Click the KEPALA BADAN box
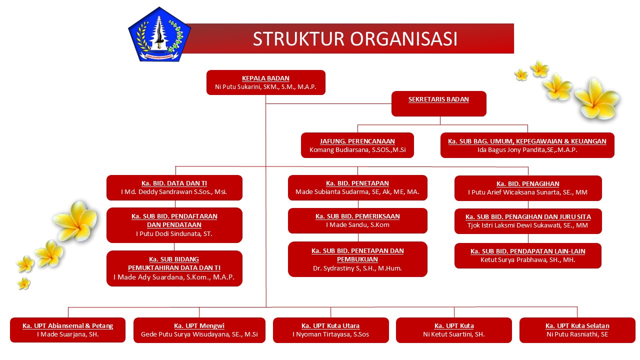point(265,82)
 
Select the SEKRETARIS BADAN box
point(439,103)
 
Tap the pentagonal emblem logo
point(159,34)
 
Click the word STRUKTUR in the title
point(298,39)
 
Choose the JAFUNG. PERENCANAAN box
point(357,145)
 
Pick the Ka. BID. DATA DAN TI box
point(174,187)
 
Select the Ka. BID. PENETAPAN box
point(357,187)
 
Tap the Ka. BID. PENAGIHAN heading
point(527,183)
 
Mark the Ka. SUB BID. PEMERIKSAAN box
point(357,221)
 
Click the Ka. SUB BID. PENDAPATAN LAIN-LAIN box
point(527,255)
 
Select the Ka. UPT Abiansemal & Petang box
point(67,330)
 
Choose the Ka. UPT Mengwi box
point(199,330)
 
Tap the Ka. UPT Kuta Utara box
point(331,330)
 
